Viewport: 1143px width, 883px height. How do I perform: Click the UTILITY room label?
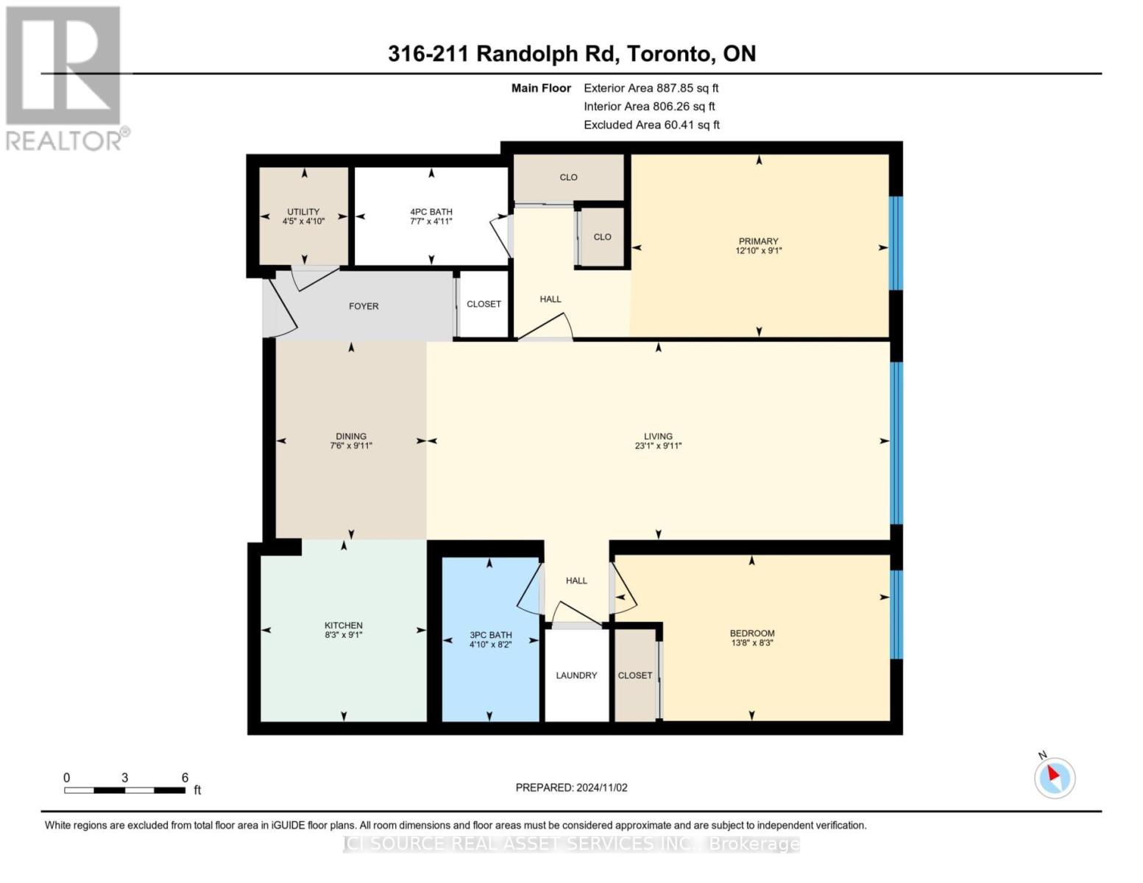303,211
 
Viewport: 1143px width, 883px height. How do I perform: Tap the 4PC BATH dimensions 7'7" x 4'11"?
431,221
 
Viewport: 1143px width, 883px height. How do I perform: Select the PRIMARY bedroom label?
758,241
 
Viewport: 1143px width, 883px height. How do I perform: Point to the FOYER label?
364,306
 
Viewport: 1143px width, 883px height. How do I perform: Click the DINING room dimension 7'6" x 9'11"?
351,445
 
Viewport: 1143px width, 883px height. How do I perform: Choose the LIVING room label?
658,436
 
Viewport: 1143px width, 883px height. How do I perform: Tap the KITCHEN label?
344,625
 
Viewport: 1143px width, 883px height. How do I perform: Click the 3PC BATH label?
491,635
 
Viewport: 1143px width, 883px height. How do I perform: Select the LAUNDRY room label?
576,675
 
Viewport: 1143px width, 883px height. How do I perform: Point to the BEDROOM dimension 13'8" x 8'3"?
752,642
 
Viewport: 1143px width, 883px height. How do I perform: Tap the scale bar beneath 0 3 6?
124,790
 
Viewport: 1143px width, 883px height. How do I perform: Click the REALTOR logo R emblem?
63,65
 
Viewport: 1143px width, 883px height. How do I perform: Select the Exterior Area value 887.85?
675,88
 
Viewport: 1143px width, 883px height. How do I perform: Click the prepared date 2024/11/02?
602,788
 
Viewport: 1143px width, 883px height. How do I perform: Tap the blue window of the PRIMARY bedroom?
896,243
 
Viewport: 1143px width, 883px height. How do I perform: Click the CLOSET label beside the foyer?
484,304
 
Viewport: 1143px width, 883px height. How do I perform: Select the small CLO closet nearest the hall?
602,237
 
